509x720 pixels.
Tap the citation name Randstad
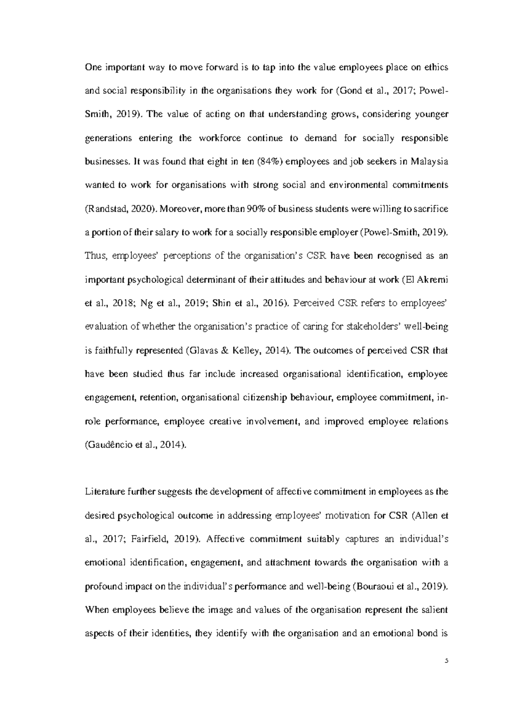tap(103, 209)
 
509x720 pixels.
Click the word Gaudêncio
tap(107, 445)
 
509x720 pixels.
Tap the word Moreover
tap(179, 209)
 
